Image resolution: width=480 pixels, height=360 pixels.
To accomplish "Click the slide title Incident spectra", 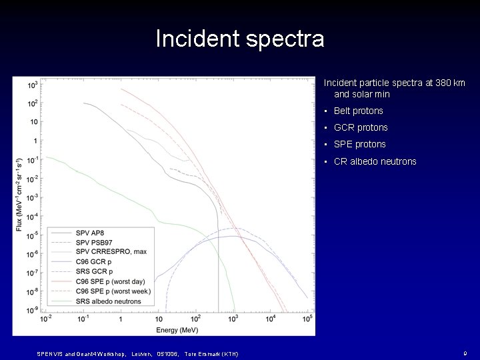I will coord(240,39).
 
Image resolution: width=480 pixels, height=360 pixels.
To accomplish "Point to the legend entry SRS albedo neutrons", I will coord(109,301).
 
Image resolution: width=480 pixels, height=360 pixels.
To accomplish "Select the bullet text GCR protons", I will coord(360,128).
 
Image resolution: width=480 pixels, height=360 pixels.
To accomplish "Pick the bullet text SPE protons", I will coord(359,145).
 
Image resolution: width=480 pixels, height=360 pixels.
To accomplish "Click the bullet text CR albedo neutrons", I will coord(375,161).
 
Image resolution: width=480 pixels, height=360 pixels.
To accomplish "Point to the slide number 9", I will coord(464,353).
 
